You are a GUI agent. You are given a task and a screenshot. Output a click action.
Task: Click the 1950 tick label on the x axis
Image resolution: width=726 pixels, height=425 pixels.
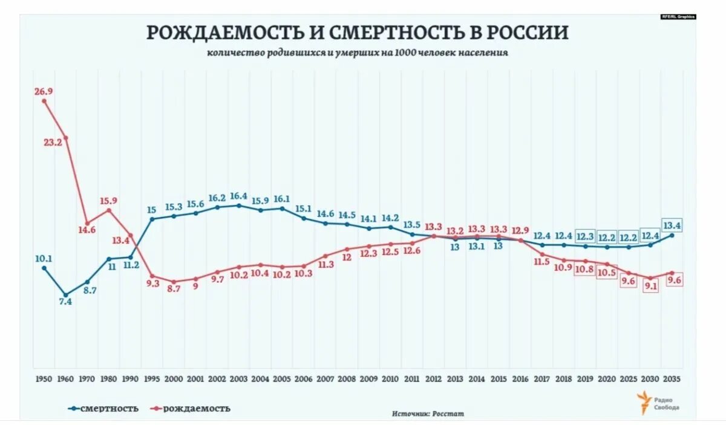44,378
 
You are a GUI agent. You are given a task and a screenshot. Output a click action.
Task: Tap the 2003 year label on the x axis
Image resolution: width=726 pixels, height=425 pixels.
238,378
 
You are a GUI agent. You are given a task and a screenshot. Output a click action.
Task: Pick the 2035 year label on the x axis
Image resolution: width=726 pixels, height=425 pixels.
672,378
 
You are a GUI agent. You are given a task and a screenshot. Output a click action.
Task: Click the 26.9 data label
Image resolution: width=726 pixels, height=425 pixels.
44,91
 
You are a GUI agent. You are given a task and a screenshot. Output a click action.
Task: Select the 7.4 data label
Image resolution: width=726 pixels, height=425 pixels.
65,302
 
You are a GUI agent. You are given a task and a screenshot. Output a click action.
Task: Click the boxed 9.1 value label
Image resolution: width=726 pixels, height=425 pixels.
650,287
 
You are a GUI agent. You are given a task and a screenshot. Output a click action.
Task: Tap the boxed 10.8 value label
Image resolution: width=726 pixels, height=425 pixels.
585,270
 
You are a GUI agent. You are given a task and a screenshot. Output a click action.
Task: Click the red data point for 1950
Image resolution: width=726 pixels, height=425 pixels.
44,101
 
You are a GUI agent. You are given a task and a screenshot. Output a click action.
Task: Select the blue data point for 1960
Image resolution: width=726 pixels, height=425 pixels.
65,295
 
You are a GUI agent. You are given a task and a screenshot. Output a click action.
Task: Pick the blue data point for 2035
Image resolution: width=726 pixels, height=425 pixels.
672,235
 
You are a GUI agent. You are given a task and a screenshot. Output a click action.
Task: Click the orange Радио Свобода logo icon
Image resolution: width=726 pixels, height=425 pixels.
643,402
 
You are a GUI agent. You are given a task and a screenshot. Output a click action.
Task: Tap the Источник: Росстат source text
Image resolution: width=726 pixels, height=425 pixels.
428,414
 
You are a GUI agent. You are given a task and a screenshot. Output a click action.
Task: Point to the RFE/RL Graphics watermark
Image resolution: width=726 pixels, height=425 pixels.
678,16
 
